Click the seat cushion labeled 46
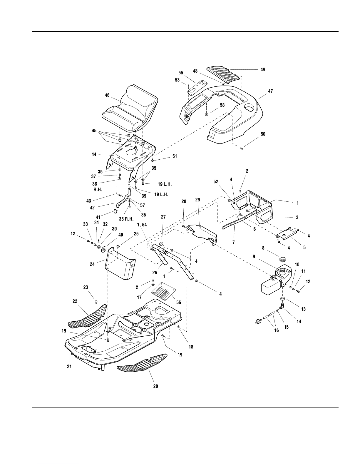[130, 109]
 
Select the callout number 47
[270, 91]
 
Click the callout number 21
[69, 367]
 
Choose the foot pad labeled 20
[142, 362]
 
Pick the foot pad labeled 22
[88, 316]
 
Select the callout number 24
[92, 264]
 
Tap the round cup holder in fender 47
[249, 108]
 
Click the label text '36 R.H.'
[126, 219]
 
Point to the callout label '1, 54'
[142, 225]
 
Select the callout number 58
[222, 105]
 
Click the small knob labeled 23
[96, 302]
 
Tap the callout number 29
[197, 200]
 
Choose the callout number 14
[299, 321]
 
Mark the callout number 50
[263, 134]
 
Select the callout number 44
[94, 154]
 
